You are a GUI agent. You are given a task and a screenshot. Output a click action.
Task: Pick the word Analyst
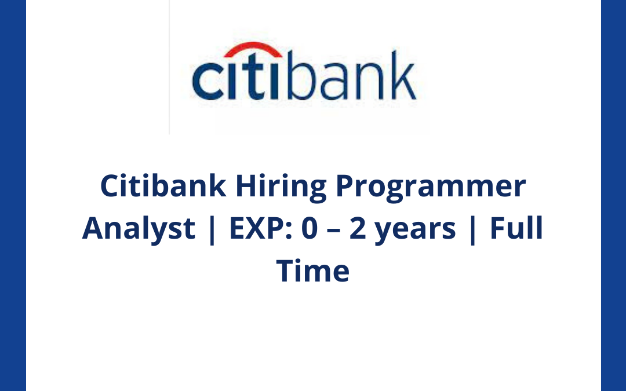(x=139, y=229)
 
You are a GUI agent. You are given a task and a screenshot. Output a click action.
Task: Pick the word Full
(x=516, y=228)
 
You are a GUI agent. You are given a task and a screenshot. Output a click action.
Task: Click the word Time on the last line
(x=313, y=271)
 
